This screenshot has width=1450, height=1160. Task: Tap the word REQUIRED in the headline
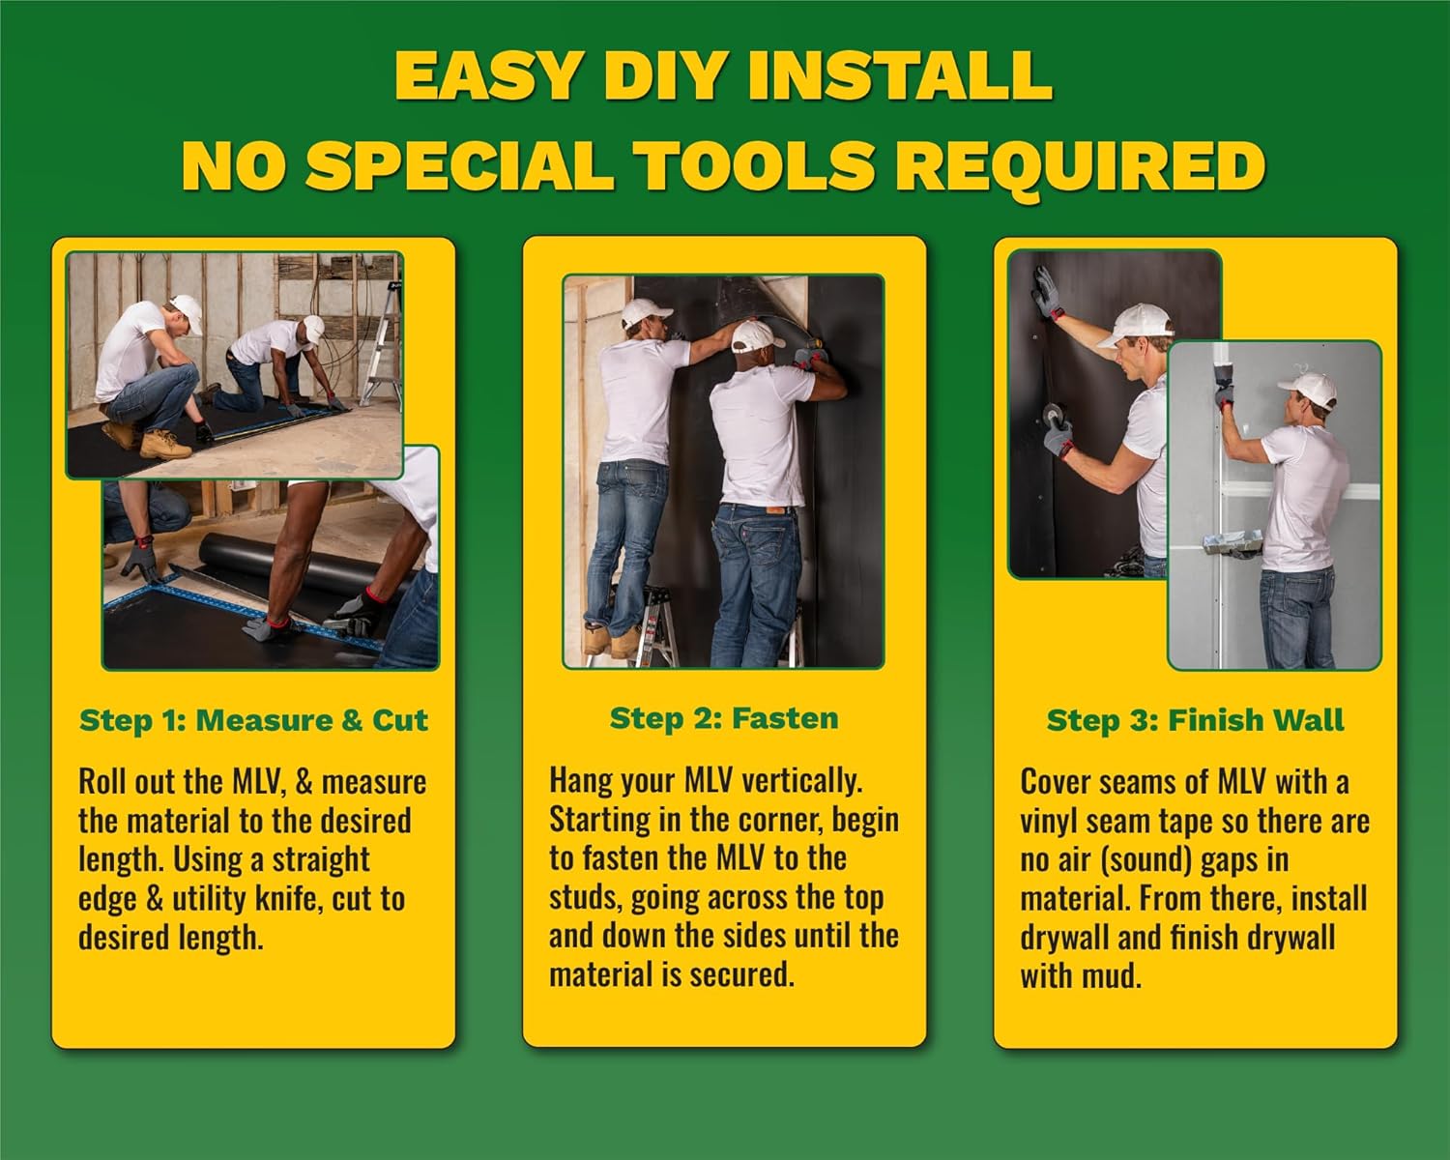click(x=1080, y=165)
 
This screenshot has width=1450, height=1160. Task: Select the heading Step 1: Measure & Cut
click(x=253, y=720)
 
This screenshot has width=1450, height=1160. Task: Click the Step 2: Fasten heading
click(x=724, y=718)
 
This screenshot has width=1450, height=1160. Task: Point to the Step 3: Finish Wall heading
click(x=1196, y=720)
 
